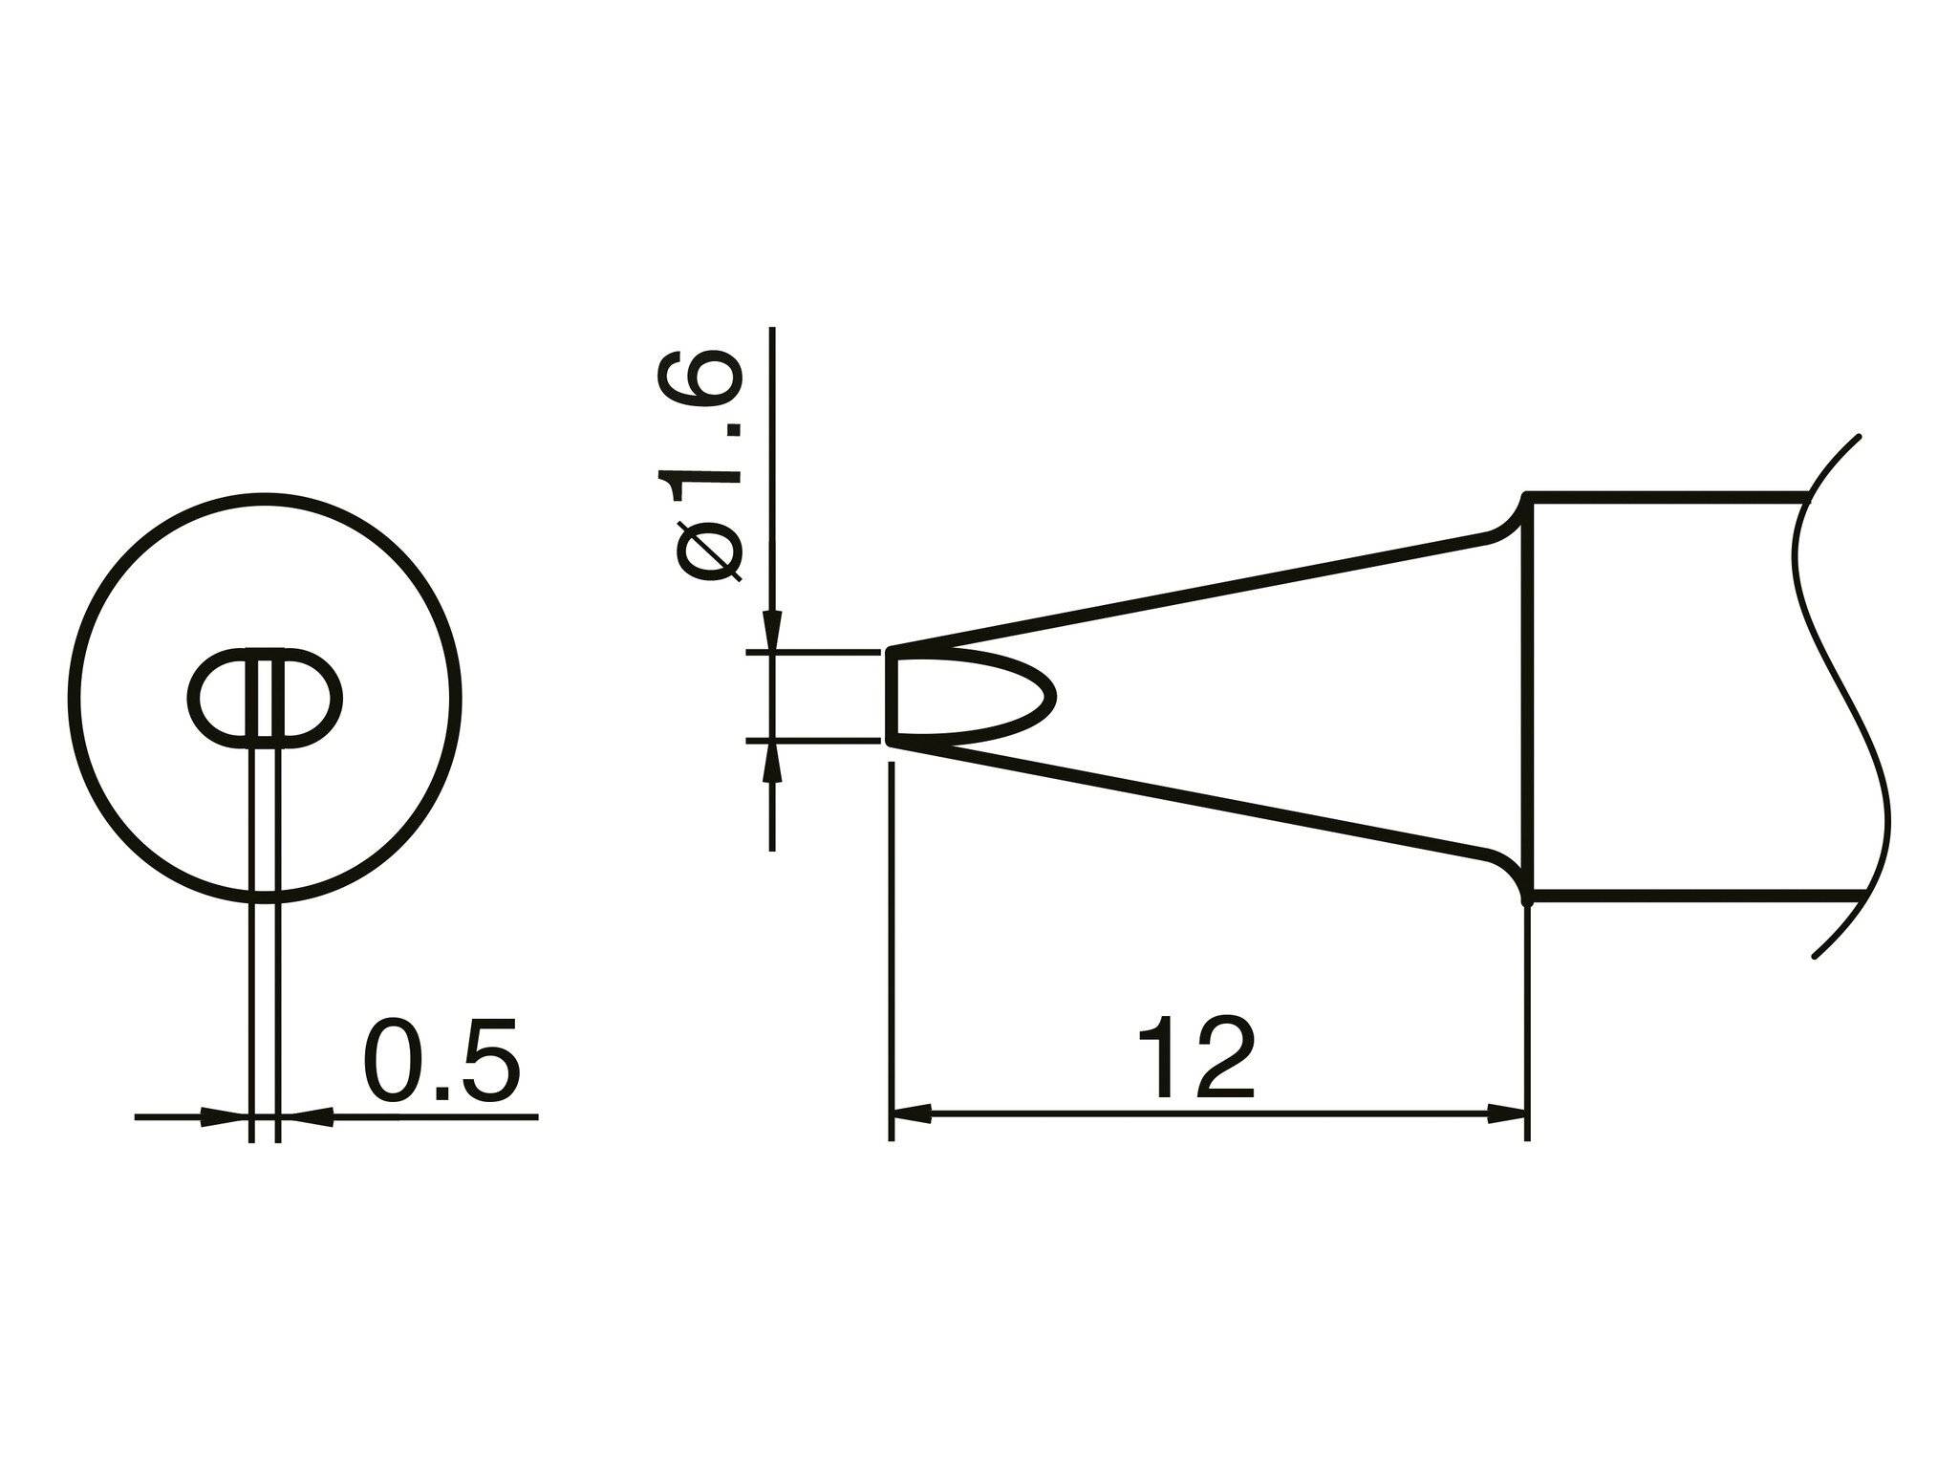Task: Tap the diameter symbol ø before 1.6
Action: point(709,551)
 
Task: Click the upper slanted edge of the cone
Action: point(1195,594)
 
